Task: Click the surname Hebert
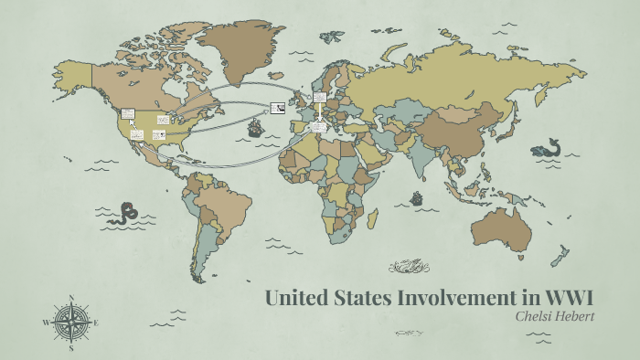(x=574, y=316)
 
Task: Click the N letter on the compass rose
(x=71, y=297)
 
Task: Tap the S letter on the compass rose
(x=71, y=348)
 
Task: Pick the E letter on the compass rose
(x=96, y=323)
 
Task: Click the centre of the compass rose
(x=71, y=323)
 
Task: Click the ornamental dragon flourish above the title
(x=409, y=266)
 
